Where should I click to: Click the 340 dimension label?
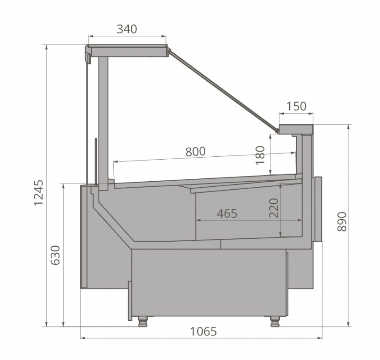tap(127, 29)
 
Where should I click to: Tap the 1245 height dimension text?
tap(38, 193)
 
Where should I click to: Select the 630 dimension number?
tap(55, 255)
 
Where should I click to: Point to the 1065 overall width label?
tap(204, 331)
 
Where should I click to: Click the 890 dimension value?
tap(342, 221)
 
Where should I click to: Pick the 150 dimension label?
tap(296, 106)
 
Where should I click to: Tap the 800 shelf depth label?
tap(195, 151)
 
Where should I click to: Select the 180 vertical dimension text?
tap(260, 155)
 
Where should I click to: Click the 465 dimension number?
tap(227, 213)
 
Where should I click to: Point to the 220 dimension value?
tap(274, 208)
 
